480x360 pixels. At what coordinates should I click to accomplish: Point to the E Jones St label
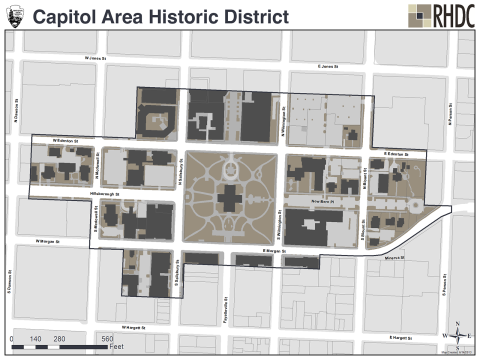[329, 68]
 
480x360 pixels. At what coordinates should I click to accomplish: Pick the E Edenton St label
[398, 153]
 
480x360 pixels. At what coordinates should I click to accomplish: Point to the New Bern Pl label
[326, 201]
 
